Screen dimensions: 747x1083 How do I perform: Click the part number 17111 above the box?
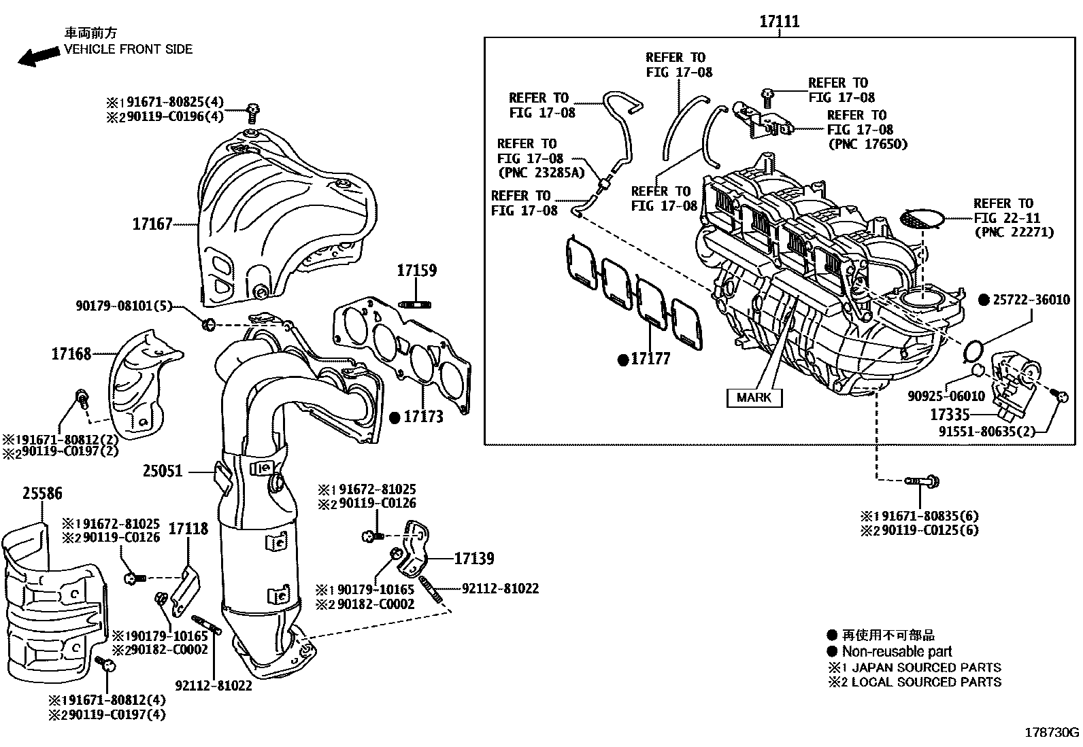point(780,22)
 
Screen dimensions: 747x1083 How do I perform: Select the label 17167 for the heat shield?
point(152,224)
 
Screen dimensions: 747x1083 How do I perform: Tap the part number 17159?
point(417,271)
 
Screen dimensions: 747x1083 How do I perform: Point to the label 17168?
point(71,353)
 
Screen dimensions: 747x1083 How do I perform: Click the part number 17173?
point(423,417)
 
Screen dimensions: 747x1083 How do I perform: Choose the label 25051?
point(163,470)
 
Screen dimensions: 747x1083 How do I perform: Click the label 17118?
point(188,528)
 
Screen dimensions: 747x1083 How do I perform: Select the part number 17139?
point(474,559)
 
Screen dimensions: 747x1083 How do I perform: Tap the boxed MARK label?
point(754,398)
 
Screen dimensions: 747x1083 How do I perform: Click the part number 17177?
point(650,359)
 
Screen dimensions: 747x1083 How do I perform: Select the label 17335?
point(949,414)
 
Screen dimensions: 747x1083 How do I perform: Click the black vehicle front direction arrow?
point(39,56)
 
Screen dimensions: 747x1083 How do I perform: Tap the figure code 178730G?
point(1052,733)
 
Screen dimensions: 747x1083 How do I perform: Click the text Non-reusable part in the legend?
point(897,651)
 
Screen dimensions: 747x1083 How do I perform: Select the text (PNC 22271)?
point(1014,232)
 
